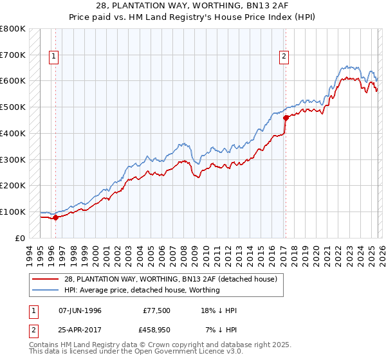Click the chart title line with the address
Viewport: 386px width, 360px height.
click(193, 6)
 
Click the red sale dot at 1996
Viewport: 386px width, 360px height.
click(55, 217)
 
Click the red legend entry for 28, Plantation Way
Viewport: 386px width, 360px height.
click(170, 279)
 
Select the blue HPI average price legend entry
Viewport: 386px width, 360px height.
click(142, 290)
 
